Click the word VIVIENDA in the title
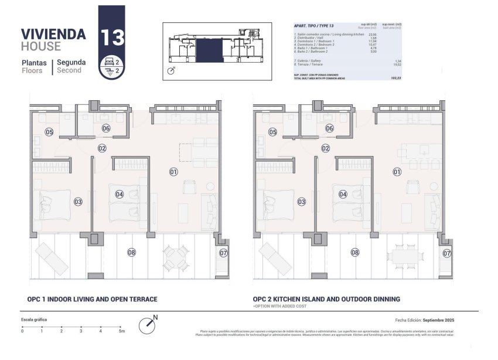pyautogui.click(x=53, y=34)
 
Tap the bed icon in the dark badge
pyautogui.click(x=107, y=61)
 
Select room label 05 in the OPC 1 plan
pyautogui.click(x=49, y=133)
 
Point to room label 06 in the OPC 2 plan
pyautogui.click(x=329, y=128)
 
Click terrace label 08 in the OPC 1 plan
pyautogui.click(x=131, y=253)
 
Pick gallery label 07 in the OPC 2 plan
pyautogui.click(x=447, y=253)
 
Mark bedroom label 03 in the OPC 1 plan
pyautogui.click(x=78, y=202)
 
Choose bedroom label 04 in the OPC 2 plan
pyautogui.click(x=343, y=194)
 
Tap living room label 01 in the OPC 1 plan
pyautogui.click(x=173, y=172)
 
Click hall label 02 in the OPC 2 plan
pyautogui.click(x=326, y=148)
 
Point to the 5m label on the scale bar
pyautogui.click(x=121, y=331)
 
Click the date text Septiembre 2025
pyautogui.click(x=439, y=320)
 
